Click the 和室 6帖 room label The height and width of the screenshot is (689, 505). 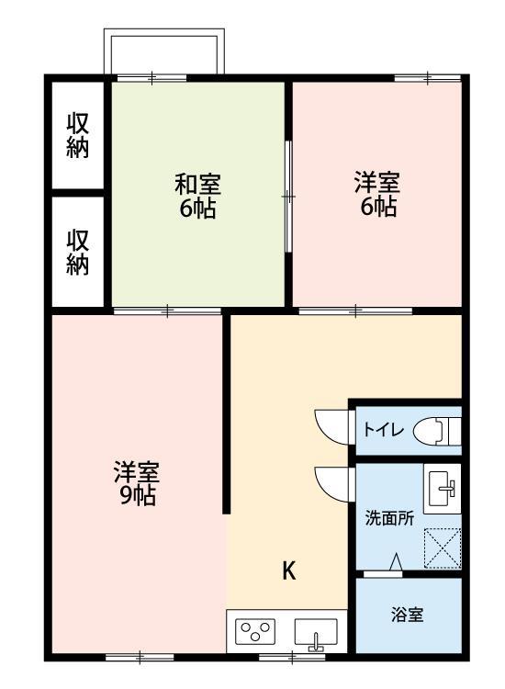coord(197,196)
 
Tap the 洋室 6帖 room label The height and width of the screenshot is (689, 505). coord(377,194)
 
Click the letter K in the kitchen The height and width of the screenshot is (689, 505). coord(288,571)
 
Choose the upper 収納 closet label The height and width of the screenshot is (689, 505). coord(78,136)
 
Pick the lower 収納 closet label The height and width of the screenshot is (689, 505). coord(78,252)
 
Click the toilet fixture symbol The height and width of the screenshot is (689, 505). coord(435,430)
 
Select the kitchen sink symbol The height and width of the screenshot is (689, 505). coord(315,634)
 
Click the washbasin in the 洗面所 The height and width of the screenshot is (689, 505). coord(442,485)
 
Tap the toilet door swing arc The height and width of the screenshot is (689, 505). coord(331,423)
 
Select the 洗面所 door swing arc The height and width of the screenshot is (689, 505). coord(331,482)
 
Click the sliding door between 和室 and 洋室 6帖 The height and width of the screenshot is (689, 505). coord(288,196)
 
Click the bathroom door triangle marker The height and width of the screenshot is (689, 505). coord(396,562)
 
